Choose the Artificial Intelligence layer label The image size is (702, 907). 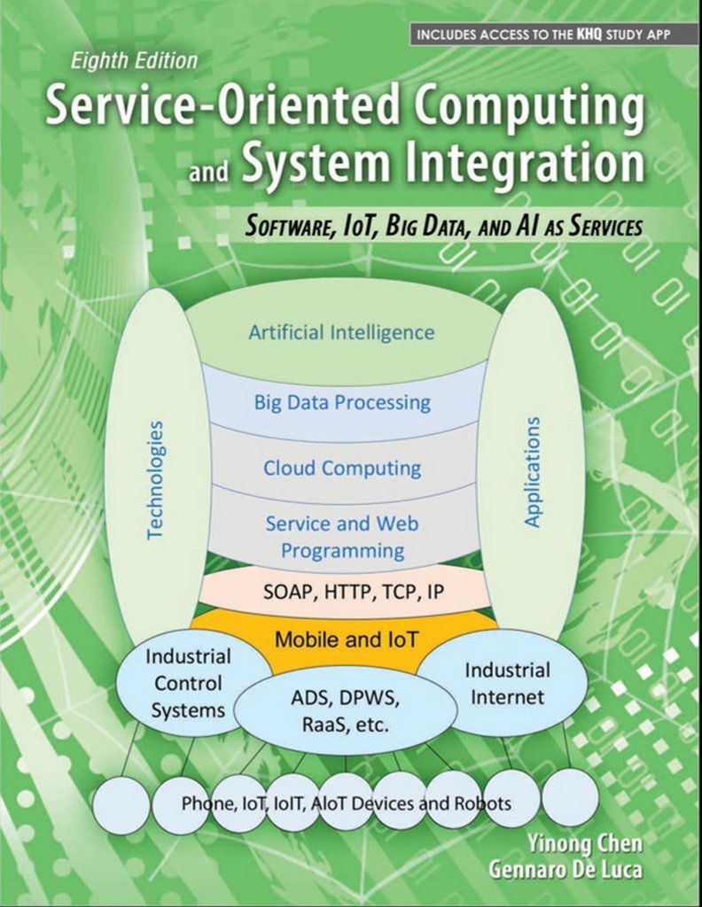342,333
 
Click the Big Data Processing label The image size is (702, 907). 342,403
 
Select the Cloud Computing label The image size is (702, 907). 342,468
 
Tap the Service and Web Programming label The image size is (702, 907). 342,536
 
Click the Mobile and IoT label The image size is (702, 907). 342,639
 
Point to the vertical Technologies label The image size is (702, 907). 156,479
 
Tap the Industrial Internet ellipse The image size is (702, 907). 508,682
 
